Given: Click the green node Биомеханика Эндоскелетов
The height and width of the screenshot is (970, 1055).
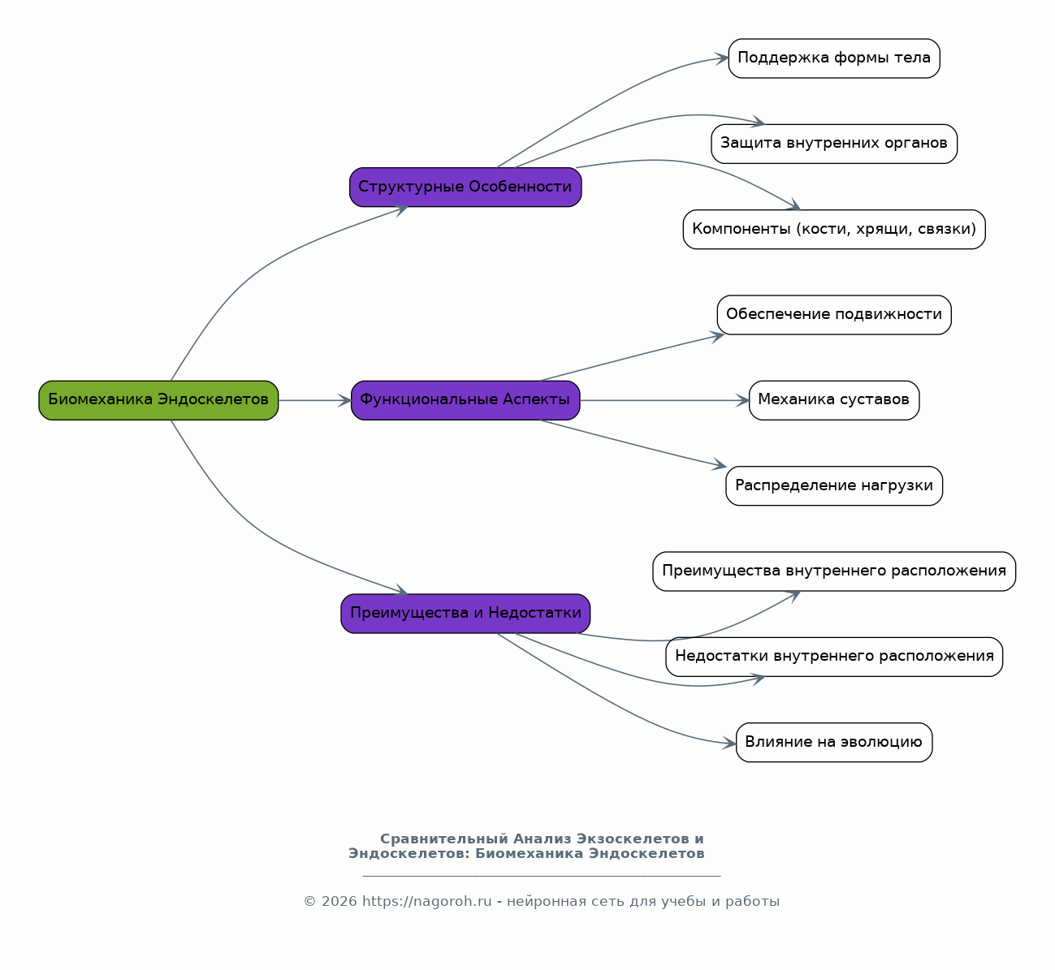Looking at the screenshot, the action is click(158, 400).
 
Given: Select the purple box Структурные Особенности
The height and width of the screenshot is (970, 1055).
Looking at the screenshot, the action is click(465, 188).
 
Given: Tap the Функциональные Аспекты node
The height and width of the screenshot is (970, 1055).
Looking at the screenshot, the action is click(465, 400).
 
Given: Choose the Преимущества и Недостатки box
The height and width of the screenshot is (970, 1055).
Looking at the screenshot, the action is click(465, 614).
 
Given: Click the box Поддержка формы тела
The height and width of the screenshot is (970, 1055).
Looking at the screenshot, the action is click(834, 58).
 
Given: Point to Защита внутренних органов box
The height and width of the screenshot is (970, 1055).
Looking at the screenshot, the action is click(834, 144).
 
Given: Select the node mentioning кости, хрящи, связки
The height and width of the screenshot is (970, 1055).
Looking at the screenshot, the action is click(834, 229).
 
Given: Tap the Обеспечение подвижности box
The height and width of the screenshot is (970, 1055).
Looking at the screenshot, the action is click(834, 315).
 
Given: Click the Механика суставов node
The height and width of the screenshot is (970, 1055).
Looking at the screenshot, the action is click(834, 400).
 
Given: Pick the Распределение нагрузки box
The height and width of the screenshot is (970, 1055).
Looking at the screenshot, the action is click(834, 485).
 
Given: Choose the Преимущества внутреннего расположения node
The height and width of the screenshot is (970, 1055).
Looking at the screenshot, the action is click(834, 571).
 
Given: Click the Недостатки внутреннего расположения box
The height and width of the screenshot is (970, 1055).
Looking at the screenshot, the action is click(834, 657).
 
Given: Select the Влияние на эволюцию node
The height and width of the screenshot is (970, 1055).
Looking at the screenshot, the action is click(834, 743).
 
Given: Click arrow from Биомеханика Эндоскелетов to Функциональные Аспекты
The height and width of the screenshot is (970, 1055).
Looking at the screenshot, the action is click(314, 401).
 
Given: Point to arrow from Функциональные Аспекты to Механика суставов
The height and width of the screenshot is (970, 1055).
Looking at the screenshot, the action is click(664, 401).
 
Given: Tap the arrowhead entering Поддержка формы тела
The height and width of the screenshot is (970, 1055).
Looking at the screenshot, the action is click(722, 58).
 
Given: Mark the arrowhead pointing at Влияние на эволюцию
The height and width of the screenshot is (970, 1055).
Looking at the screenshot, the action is click(729, 743).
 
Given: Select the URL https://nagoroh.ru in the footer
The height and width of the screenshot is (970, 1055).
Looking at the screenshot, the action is click(426, 902).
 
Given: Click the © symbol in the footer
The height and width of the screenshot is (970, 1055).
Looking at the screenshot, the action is click(309, 902).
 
